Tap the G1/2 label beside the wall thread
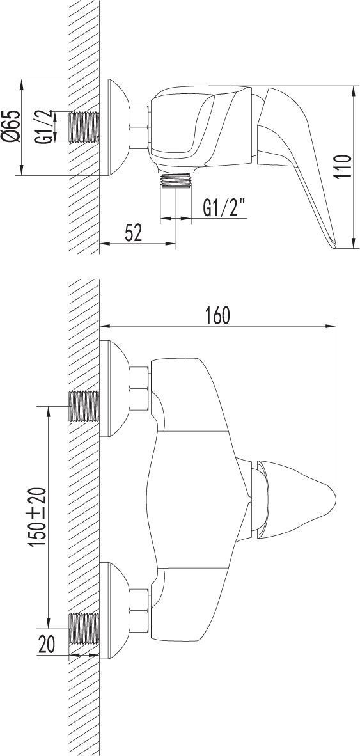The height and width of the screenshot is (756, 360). pos(43,127)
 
